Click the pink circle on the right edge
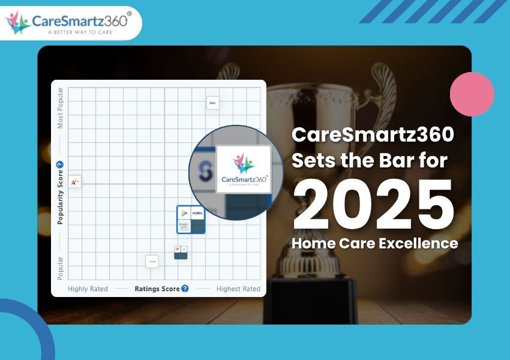coord(472,94)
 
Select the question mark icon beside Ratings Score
coord(185,289)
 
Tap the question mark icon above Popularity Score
coord(59,165)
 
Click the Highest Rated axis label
coord(238,289)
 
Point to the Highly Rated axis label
coord(88,289)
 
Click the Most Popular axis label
coord(60,108)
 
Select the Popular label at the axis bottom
coord(60,268)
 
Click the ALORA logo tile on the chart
coord(197,213)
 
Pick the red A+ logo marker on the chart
coord(75,181)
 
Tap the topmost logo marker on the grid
coord(212,103)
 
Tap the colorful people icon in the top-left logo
coord(17,23)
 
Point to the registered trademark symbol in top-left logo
coord(130,13)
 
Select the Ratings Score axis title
coord(157,289)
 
